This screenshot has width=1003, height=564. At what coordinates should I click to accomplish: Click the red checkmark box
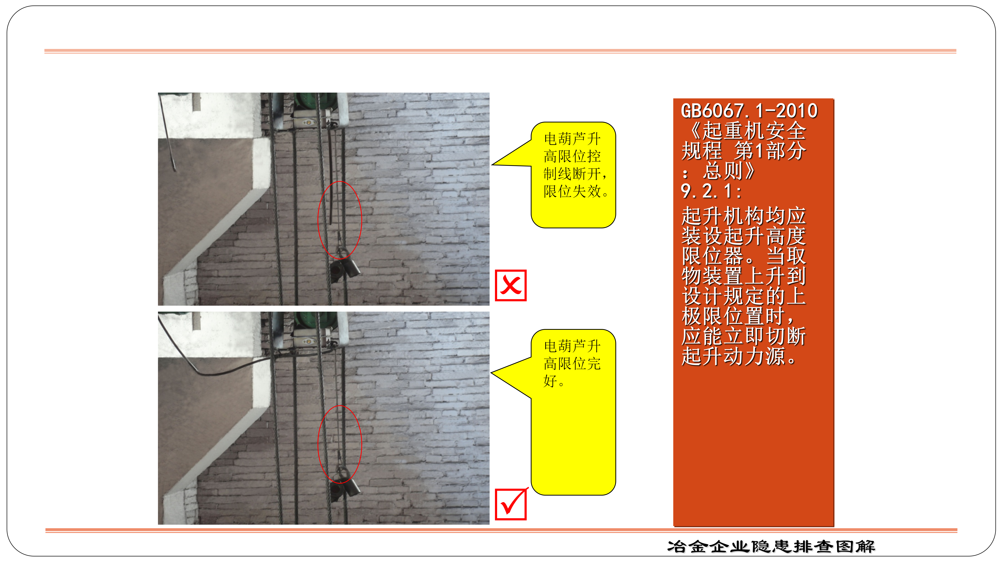(x=510, y=504)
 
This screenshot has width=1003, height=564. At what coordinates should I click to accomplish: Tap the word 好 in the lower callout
(x=551, y=381)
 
